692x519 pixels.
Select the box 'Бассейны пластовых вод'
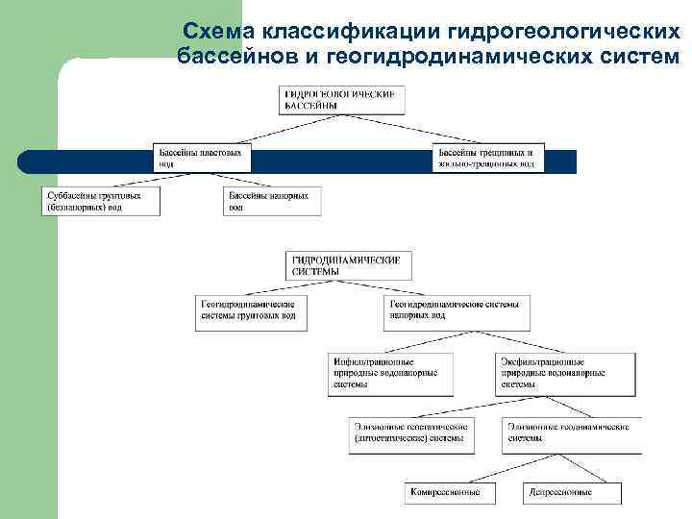click(202, 158)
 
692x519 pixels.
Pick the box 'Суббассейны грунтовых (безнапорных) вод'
click(101, 201)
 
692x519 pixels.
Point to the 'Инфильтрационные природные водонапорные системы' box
click(385, 373)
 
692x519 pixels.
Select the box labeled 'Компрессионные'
click(448, 492)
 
